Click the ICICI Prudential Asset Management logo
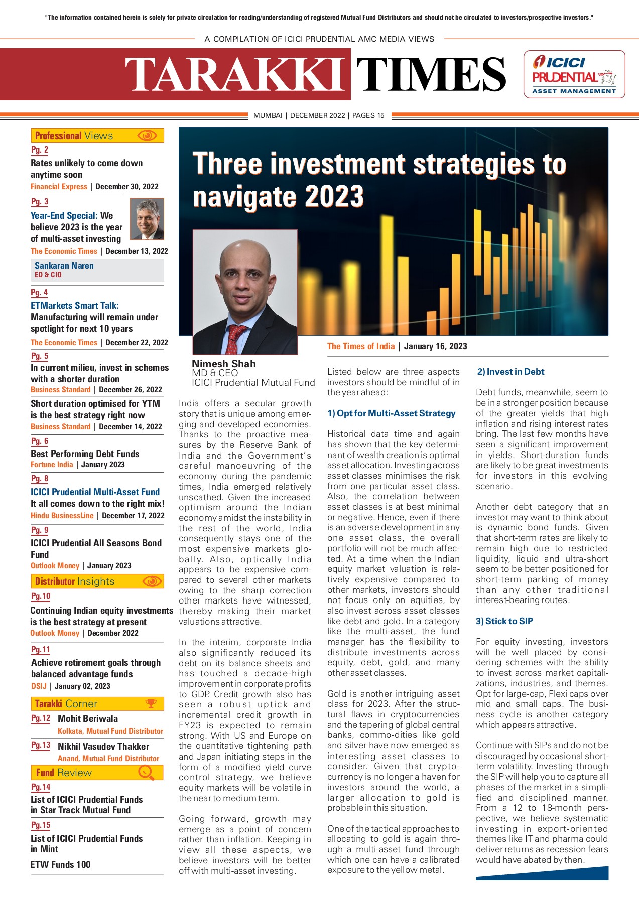point(574,74)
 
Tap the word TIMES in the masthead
point(431,74)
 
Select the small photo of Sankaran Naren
point(147,218)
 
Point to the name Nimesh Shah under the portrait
point(224,364)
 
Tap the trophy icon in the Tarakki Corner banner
point(151,703)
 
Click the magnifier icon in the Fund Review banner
point(146,773)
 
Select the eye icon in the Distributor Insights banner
point(152,581)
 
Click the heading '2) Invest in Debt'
point(510,372)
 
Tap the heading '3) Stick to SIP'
point(504,621)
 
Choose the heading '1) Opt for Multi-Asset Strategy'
point(391,413)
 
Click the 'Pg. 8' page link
point(40,479)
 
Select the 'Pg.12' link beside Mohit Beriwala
point(41,718)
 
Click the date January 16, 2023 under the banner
point(435,346)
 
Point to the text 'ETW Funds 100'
point(60,864)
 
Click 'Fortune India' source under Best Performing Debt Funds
point(52,465)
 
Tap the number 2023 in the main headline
point(334,196)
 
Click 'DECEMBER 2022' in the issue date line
point(317,115)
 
